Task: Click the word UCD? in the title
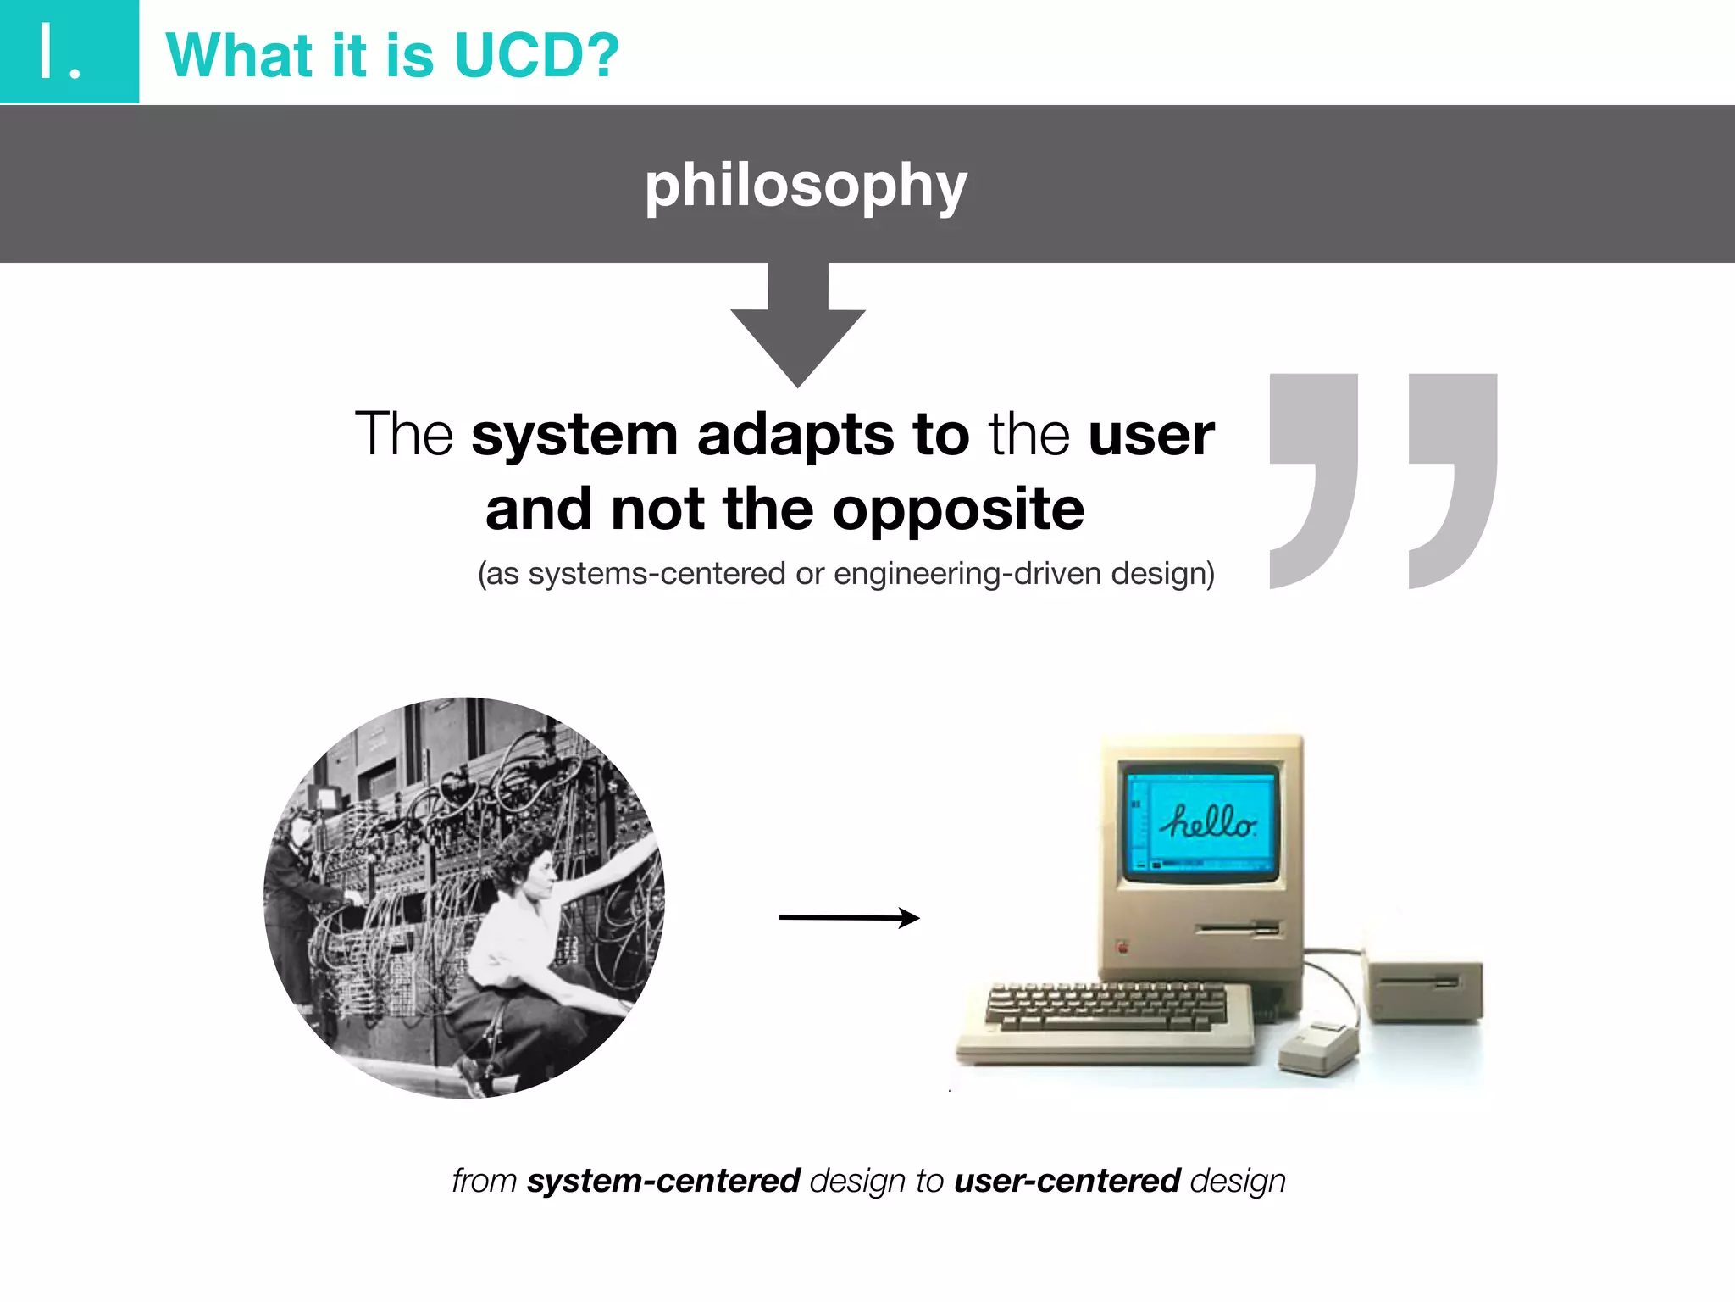[x=536, y=56]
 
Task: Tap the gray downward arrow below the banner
[x=797, y=331]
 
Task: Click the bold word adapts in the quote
[x=795, y=435]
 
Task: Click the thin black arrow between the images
[x=848, y=917]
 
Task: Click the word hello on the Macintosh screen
[x=1209, y=821]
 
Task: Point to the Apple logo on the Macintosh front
[x=1123, y=947]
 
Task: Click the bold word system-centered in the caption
[x=663, y=1181]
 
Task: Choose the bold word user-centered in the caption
[x=1067, y=1181]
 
